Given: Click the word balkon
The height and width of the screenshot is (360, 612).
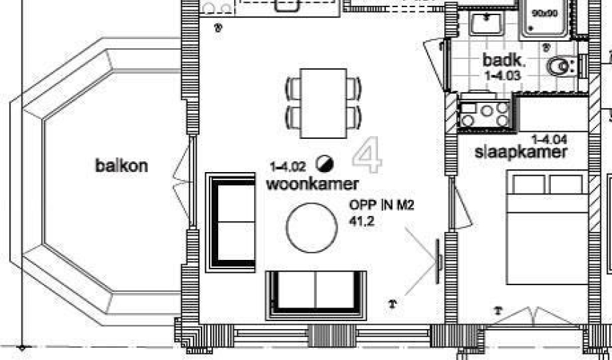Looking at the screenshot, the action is pyautogui.click(x=122, y=166).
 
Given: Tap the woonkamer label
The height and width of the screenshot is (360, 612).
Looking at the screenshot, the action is pyautogui.click(x=312, y=184).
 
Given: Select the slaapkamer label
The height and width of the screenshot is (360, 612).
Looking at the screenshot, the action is pyautogui.click(x=521, y=152).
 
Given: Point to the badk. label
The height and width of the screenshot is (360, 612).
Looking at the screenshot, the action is pyautogui.click(x=504, y=60).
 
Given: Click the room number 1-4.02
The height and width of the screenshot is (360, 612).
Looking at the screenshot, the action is pyautogui.click(x=288, y=167).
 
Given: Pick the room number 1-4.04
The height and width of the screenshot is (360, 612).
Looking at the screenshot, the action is pyautogui.click(x=549, y=139).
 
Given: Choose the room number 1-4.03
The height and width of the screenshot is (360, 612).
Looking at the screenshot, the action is pyautogui.click(x=503, y=76).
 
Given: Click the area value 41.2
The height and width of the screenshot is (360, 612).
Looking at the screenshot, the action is pyautogui.click(x=362, y=221).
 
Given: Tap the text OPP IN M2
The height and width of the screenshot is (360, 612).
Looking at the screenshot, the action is pyautogui.click(x=382, y=205).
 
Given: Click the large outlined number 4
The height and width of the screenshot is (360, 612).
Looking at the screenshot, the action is pyautogui.click(x=367, y=155).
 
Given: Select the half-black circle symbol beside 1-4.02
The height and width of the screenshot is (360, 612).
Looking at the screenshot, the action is pyautogui.click(x=325, y=163).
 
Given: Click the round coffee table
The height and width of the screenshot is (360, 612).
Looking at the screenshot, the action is pyautogui.click(x=312, y=228).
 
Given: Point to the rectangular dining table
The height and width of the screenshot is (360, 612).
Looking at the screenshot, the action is pyautogui.click(x=323, y=104).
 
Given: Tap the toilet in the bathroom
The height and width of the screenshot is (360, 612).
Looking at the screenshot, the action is pyautogui.click(x=563, y=66).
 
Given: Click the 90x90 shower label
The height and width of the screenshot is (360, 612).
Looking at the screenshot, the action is pyautogui.click(x=545, y=13).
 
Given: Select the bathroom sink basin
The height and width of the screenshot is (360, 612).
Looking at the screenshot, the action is pyautogui.click(x=487, y=24).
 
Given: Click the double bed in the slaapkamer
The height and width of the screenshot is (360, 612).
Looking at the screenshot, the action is pyautogui.click(x=547, y=228).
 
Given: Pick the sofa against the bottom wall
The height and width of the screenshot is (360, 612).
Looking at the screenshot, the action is pyautogui.click(x=316, y=296).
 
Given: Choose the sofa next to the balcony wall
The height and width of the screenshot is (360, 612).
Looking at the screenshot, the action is pyautogui.click(x=230, y=222).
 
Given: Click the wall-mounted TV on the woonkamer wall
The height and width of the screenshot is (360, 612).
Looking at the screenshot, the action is pyautogui.click(x=438, y=261).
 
